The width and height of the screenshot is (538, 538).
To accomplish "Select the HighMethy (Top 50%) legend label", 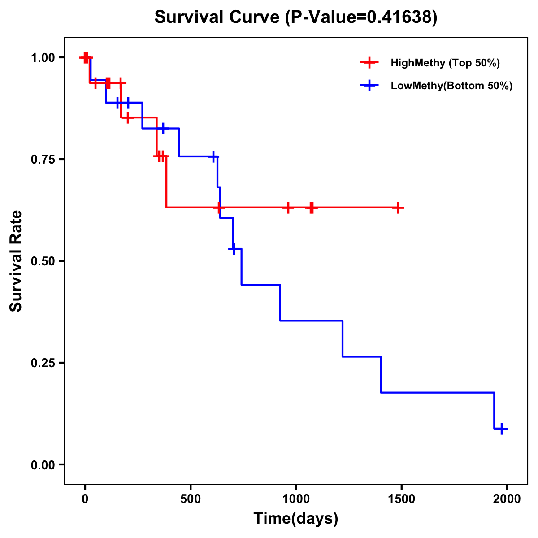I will [445, 63].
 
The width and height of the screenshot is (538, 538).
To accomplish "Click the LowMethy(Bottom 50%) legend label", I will [451, 86].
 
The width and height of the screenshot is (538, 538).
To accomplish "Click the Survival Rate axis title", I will [16, 261].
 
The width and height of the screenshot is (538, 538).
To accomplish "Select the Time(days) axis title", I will [295, 519].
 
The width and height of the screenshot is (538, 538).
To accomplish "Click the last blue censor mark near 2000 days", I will [502, 429].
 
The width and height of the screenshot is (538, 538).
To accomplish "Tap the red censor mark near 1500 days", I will [398, 208].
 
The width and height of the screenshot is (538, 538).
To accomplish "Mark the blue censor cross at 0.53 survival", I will [233, 248].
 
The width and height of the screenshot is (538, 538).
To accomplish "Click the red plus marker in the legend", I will [369, 63].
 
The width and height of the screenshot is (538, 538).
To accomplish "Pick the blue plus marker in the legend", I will [369, 86].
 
